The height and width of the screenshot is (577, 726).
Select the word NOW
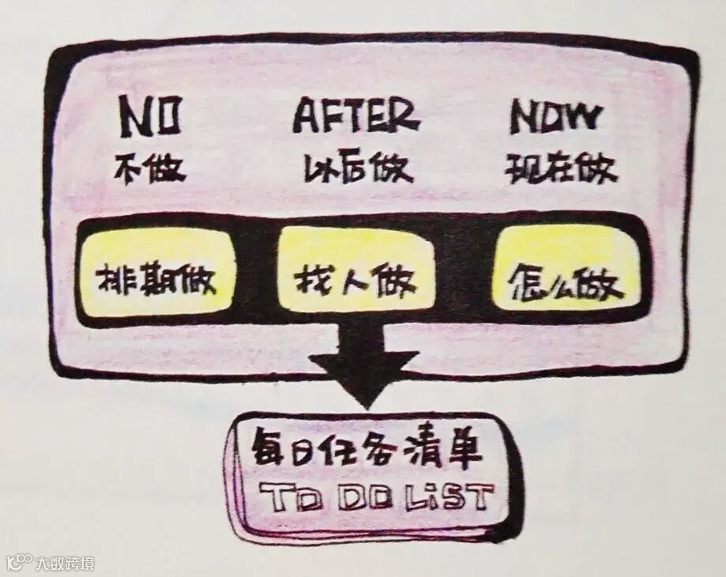555,119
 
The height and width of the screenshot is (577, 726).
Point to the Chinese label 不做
149,168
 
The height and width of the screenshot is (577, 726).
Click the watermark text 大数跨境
64,564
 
